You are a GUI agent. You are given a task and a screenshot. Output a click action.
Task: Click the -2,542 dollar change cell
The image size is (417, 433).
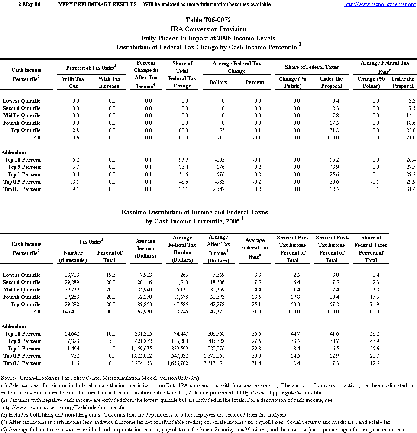coord(217,189)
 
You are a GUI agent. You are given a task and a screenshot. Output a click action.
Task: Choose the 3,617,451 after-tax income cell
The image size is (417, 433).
coord(218,363)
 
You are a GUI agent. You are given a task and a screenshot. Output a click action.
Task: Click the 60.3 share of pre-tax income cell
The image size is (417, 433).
coord(292,304)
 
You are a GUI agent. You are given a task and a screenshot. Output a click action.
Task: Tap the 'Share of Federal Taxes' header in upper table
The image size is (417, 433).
coord(312,67)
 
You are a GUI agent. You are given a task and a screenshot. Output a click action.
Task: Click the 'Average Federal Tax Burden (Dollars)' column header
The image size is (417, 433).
coord(182,249)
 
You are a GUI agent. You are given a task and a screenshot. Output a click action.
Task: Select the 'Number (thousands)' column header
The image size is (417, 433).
coord(72,256)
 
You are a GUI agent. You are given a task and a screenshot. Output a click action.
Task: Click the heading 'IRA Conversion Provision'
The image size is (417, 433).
coord(208,29)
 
